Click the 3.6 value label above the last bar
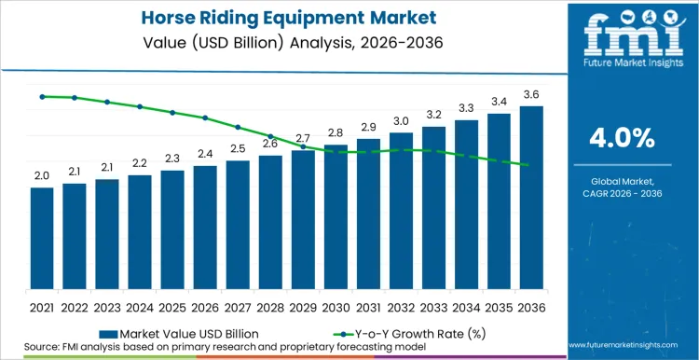coord(531,94)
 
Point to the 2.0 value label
coord(42,175)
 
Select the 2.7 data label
coord(303,138)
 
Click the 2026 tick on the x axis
coord(205,306)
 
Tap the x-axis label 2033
coord(433,306)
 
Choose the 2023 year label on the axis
coord(107,306)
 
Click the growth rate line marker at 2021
coord(42,96)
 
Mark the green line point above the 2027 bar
coord(238,127)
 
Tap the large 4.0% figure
coord(622,138)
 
